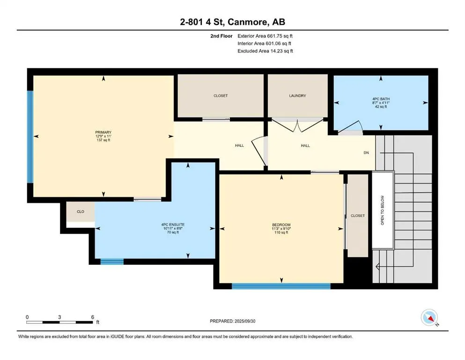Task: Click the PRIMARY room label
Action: [103, 132]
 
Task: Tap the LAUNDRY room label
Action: [297, 96]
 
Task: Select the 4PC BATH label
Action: [381, 99]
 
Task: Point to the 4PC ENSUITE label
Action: [173, 225]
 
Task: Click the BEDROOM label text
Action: [281, 225]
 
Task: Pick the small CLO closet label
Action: [81, 211]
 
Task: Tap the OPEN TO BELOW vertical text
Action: [382, 210]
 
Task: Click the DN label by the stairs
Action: [366, 152]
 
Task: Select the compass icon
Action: [429, 317]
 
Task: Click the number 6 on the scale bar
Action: [93, 317]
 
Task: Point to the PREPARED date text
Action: [232, 321]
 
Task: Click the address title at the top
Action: [232, 22]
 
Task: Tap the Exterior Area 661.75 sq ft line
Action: [265, 36]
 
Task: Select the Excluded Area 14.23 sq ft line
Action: [265, 51]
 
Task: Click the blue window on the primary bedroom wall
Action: [30, 136]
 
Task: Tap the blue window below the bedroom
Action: [281, 286]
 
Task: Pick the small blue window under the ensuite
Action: [112, 262]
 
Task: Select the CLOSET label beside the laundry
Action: [221, 96]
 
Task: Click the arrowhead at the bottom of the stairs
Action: [377, 267]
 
